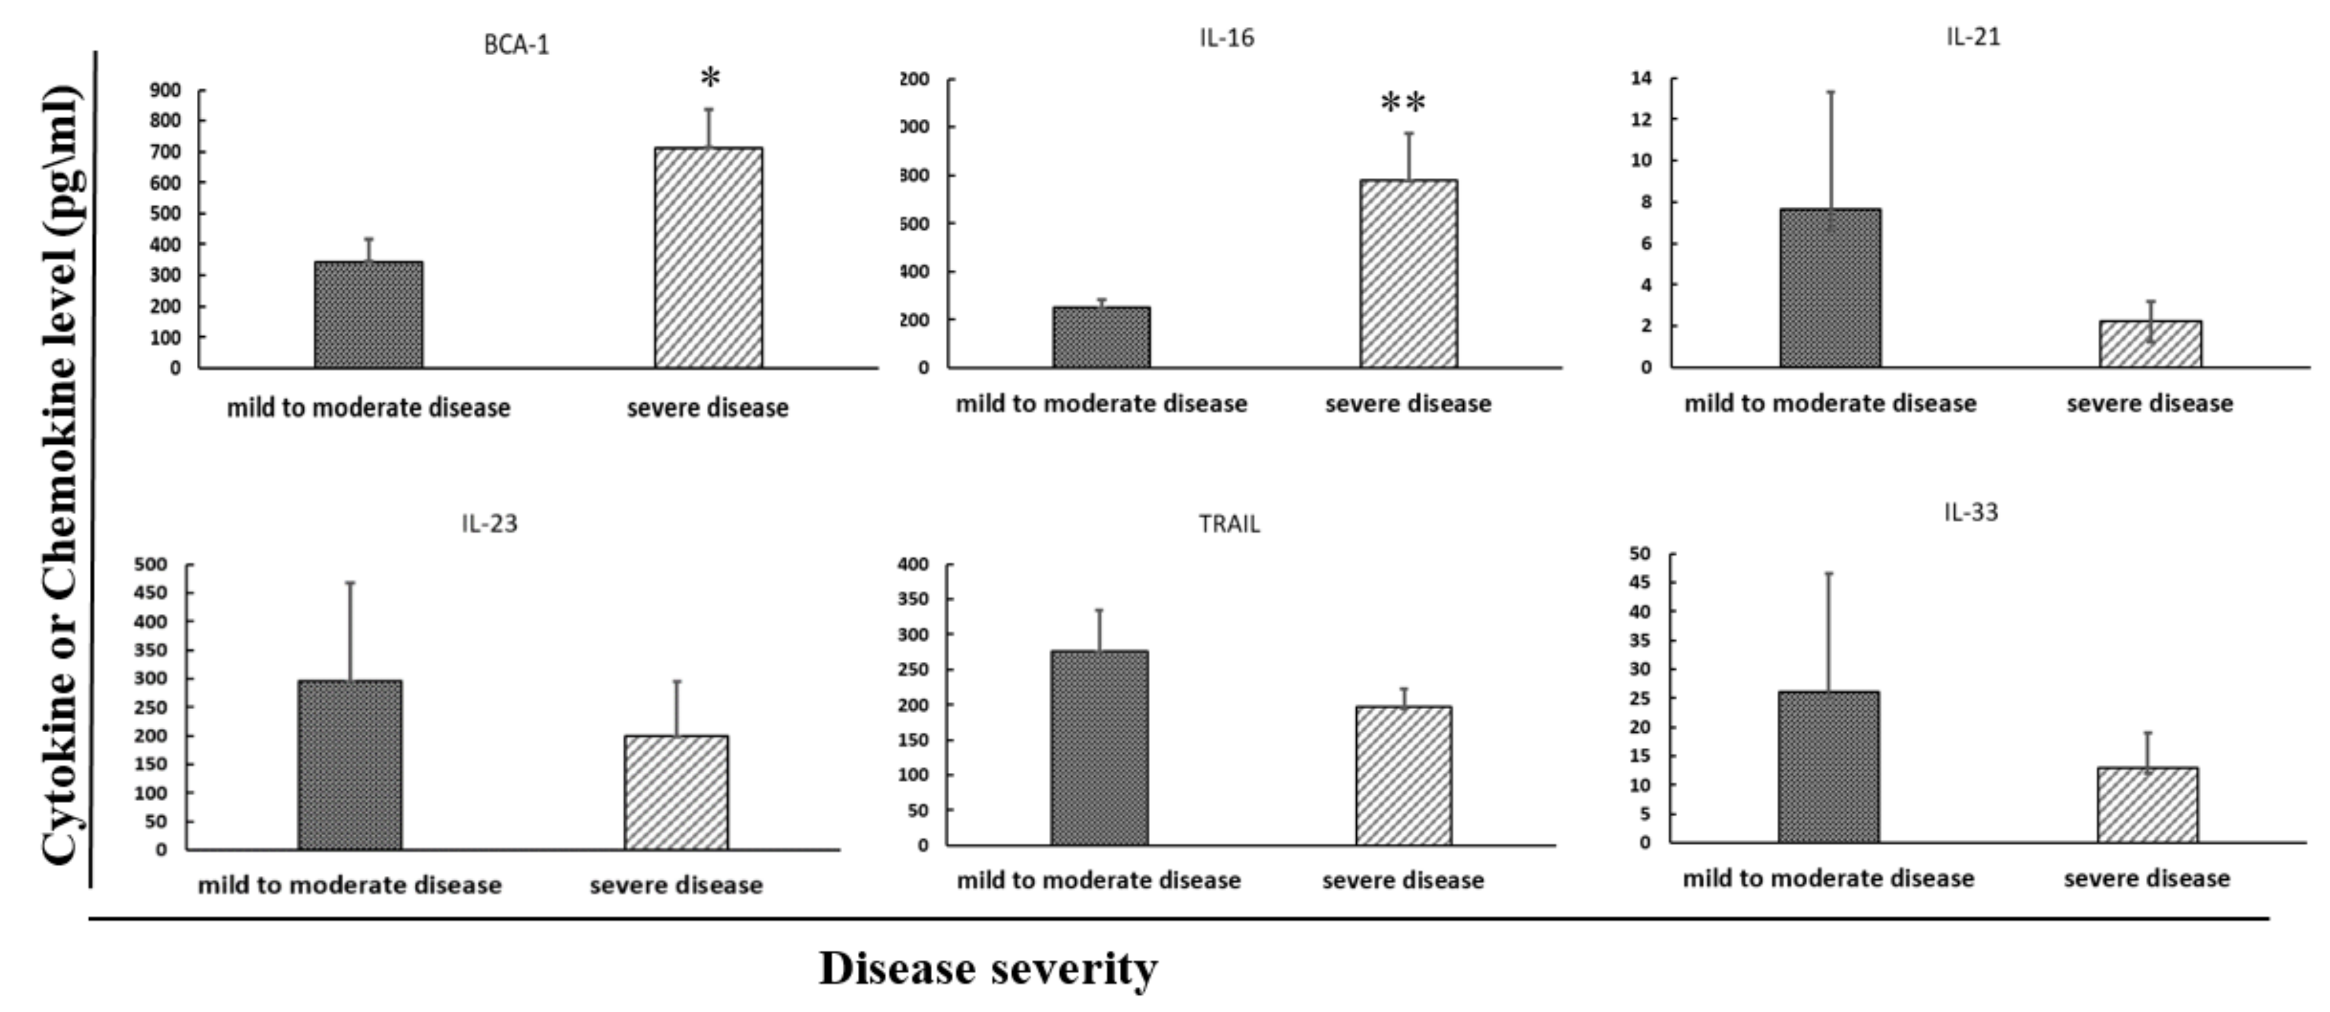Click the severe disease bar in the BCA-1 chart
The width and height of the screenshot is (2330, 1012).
coord(708,258)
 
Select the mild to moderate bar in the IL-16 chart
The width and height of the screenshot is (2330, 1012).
coord(1101,337)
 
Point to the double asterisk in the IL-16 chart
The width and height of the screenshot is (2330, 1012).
coord(1403,103)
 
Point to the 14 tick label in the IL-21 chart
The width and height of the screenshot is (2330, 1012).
coord(1641,79)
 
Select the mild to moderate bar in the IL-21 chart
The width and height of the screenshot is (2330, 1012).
coord(1830,288)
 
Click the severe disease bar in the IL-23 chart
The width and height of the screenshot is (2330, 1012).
coord(676,792)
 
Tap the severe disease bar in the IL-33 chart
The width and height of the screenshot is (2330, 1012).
coord(2147,805)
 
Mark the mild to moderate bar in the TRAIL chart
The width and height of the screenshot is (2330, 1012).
coord(1099,748)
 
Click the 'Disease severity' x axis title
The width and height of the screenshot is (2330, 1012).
coord(988,969)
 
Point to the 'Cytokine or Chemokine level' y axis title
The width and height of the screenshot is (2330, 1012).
coord(61,475)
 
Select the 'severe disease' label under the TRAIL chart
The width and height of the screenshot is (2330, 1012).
coord(1403,880)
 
